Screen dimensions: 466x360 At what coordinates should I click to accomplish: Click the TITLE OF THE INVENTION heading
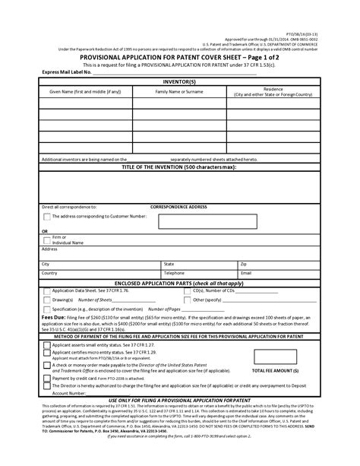point(179,165)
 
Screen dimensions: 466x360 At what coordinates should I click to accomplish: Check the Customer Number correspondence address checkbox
point(48,217)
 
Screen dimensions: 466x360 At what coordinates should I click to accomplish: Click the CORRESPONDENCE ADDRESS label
point(179,207)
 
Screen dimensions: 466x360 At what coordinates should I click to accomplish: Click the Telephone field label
point(175,272)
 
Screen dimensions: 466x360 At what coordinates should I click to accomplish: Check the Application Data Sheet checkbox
point(48,290)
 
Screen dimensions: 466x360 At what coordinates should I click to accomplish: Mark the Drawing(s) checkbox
point(48,300)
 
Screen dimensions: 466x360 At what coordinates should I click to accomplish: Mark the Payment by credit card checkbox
point(47,377)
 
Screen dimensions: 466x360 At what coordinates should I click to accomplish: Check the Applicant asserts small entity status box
point(47,344)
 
